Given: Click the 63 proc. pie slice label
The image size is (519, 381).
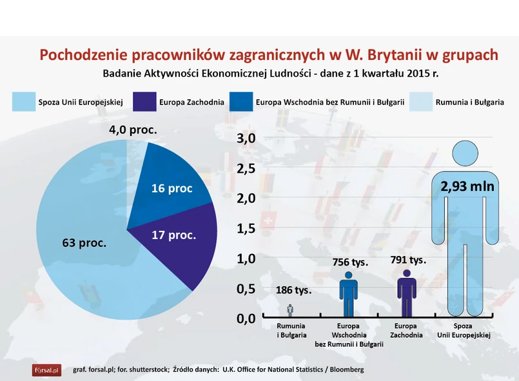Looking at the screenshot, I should [84, 243].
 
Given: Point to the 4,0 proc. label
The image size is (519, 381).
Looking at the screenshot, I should [133, 130].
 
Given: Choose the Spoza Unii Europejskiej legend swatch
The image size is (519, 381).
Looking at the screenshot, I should [24, 102].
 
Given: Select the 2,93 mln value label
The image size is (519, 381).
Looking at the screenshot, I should [467, 186].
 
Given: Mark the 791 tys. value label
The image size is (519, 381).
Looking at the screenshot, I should [408, 260].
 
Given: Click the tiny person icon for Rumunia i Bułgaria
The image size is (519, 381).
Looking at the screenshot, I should [290, 310].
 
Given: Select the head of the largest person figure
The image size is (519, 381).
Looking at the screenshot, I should [467, 152].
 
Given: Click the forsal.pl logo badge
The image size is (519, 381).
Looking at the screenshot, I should [46, 370].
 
